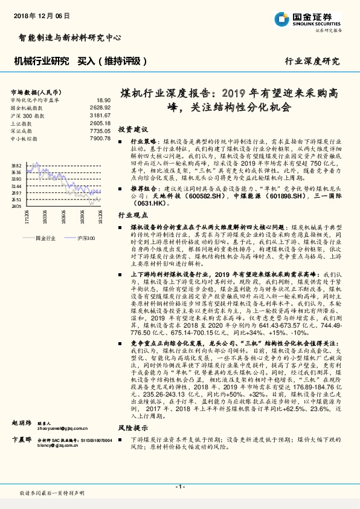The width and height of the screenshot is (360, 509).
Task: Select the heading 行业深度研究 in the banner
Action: pyautogui.click(x=312, y=62)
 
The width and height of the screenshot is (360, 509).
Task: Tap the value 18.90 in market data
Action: pyautogui.click(x=103, y=100)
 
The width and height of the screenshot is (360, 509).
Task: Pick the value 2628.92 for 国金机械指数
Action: pyautogui.click(x=101, y=107)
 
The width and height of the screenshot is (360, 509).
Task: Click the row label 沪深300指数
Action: pyautogui.click(x=27, y=115)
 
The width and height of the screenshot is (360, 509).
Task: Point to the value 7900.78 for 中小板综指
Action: pyautogui.click(x=101, y=138)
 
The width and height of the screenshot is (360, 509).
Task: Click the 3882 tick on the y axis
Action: pyautogui.click(x=16, y=165)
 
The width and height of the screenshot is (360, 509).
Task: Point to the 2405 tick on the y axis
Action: pyautogui.click(x=16, y=206)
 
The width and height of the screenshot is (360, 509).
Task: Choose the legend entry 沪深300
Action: pyautogui.click(x=85, y=238)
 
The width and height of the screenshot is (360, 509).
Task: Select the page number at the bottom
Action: pyautogui.click(x=179, y=486)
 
